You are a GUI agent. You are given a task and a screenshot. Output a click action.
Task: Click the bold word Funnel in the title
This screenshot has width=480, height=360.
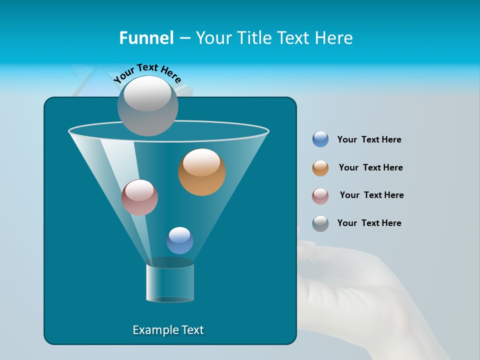click(146, 38)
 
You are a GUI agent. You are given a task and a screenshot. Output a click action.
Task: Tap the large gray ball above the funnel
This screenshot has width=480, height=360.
click(148, 105)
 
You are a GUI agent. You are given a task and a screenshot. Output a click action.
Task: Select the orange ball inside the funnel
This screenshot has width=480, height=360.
click(202, 172)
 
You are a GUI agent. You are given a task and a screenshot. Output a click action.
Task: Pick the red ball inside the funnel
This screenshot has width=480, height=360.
click(140, 197)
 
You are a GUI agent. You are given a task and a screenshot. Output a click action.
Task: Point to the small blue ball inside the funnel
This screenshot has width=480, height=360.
click(179, 240)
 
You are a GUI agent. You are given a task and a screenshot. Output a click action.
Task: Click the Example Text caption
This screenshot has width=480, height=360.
click(168, 330)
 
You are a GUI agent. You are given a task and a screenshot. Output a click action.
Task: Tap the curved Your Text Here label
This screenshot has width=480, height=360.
click(147, 72)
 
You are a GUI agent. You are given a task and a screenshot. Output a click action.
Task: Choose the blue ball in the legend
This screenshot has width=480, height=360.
click(320, 139)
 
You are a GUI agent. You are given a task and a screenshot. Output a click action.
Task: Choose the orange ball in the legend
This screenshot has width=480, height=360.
click(320, 168)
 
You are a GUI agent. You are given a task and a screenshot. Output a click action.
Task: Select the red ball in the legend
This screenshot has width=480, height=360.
click(320, 196)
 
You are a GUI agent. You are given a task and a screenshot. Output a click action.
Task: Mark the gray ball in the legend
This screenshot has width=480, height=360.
click(320, 223)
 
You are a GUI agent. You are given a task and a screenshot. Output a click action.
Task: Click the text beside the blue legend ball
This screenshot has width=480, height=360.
click(369, 140)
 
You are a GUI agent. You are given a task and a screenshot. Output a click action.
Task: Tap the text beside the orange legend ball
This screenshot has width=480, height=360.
click(370, 168)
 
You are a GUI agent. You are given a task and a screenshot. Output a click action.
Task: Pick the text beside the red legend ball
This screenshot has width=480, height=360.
click(371, 195)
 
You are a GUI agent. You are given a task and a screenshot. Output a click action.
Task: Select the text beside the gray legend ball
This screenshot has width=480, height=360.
click(369, 223)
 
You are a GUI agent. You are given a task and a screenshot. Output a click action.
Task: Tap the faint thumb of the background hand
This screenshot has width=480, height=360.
click(307, 250)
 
